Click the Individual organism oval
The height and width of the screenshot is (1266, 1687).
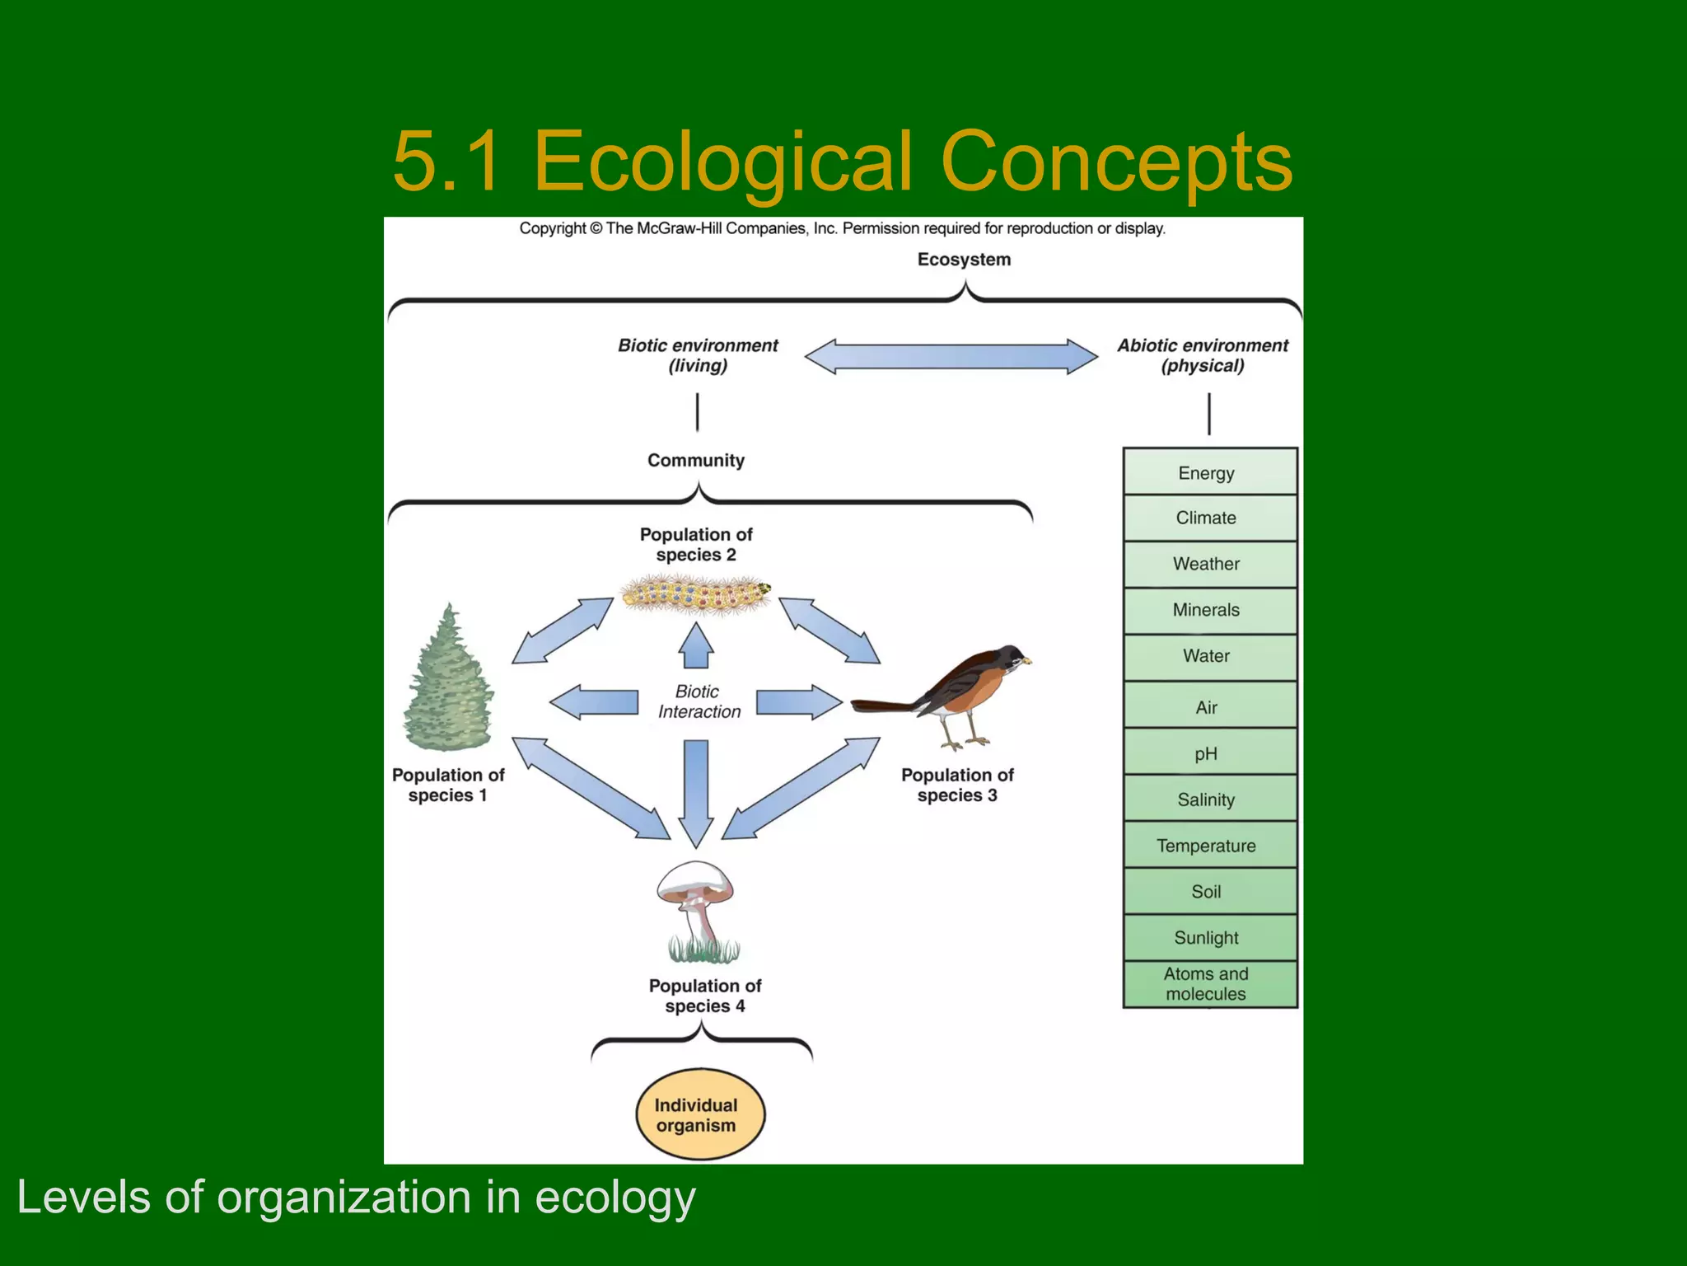point(699,1114)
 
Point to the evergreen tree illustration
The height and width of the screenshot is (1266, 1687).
point(448,678)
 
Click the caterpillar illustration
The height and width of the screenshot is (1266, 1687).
point(696,594)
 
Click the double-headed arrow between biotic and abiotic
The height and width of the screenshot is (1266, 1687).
point(951,356)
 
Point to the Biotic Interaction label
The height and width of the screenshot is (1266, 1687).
point(699,701)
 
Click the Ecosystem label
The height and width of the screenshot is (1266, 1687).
point(964,260)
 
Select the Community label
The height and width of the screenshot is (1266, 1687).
point(696,460)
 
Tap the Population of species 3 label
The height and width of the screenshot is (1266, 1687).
point(957,785)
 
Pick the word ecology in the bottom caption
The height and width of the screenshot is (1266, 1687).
point(615,1198)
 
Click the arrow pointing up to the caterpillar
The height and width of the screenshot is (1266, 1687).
point(697,645)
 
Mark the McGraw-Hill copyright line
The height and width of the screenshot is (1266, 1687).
point(842,228)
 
